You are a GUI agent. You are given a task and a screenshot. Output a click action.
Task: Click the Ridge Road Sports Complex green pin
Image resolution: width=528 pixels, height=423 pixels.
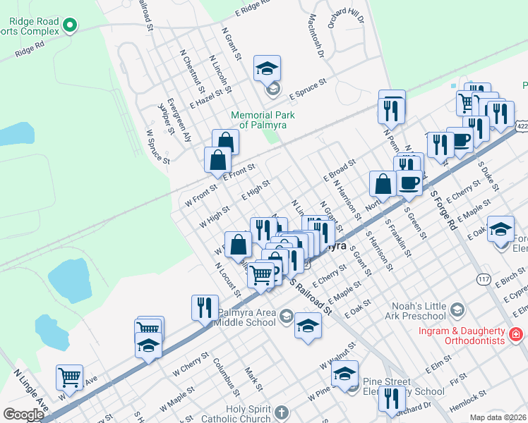(69, 27)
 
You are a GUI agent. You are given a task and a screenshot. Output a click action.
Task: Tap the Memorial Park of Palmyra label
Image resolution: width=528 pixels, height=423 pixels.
(262, 120)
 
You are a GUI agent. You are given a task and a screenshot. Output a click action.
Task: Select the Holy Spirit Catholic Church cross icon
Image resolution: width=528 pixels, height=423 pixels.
(281, 412)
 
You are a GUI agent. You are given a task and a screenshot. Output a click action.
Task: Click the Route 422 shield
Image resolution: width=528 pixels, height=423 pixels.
(522, 125)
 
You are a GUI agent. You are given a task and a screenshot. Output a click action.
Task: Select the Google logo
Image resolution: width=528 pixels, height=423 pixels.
(23, 415)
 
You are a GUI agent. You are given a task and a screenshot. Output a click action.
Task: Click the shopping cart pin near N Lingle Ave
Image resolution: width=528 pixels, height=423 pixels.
(69, 377)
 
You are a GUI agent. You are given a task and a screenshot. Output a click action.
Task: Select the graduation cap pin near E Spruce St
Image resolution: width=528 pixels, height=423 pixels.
(265, 68)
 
